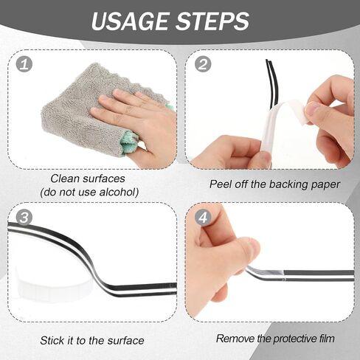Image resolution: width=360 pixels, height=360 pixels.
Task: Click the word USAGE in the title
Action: coord(131,21)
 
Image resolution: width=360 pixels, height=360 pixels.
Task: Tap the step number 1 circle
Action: coord(24,63)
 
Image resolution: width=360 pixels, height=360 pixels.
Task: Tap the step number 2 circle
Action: coord(203,64)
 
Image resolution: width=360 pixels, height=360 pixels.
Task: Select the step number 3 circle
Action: coord(24,217)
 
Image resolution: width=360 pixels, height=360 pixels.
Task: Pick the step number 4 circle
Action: coord(203,217)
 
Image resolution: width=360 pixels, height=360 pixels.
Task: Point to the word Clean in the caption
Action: coord(65,179)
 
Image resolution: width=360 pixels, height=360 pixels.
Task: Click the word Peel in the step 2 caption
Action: coord(221,184)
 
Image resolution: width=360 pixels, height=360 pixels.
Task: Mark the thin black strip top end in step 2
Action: coord(267,60)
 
